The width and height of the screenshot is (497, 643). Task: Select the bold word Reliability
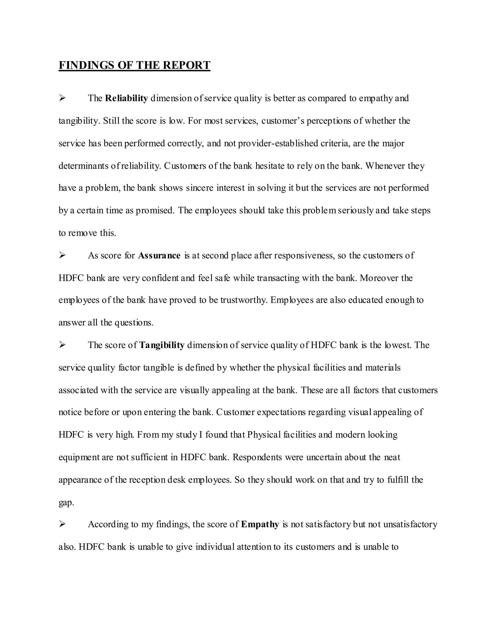(x=126, y=98)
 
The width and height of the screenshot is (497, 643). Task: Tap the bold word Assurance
(x=159, y=255)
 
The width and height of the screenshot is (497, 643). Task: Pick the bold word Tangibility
(x=162, y=345)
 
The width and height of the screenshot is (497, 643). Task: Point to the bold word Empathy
(x=260, y=524)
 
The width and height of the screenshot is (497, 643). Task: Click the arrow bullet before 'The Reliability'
(x=62, y=98)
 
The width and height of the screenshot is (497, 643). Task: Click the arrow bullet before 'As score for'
(x=62, y=255)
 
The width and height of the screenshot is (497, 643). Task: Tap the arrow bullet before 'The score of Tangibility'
(x=62, y=345)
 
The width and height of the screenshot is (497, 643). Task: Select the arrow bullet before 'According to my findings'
(x=62, y=524)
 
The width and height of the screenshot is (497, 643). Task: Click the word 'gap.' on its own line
(x=66, y=503)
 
